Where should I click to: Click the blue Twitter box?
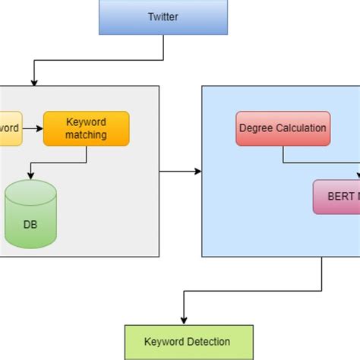(163, 17)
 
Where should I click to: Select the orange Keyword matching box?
(86, 128)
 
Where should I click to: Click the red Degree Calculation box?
(283, 128)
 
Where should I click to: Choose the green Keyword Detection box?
(187, 342)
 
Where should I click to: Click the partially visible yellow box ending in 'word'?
(10, 128)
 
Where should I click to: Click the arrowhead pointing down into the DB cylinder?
(30, 176)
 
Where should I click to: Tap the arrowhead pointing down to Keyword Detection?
(183, 321)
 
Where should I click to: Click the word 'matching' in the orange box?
(86, 135)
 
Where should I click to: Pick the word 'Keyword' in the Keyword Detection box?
(164, 342)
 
